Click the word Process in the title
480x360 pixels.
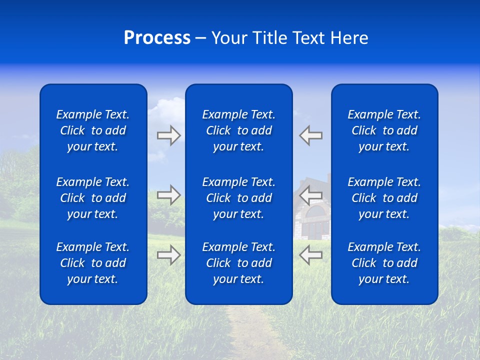pyautogui.click(x=157, y=38)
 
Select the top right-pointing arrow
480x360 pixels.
pyautogui.click(x=168, y=135)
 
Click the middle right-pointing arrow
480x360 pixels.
pyautogui.click(x=168, y=194)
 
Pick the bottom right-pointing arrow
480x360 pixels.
pyautogui.click(x=168, y=255)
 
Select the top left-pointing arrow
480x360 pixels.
pyautogui.click(x=310, y=135)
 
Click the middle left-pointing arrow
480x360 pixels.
pyautogui.click(x=310, y=194)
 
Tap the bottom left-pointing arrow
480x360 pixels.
pyautogui.click(x=310, y=255)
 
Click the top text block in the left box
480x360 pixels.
pyautogui.click(x=93, y=130)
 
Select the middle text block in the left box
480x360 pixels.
pyautogui.click(x=93, y=198)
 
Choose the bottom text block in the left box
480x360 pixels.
pyautogui.click(x=93, y=263)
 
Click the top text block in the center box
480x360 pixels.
pyautogui.click(x=238, y=130)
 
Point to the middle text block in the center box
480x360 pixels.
pyautogui.click(x=238, y=198)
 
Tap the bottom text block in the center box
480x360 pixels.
pyautogui.click(x=238, y=263)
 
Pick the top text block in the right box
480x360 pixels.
pyautogui.click(x=384, y=130)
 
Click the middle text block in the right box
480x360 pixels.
pyautogui.click(x=384, y=198)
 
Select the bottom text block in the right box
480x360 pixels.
pyautogui.click(x=384, y=263)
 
